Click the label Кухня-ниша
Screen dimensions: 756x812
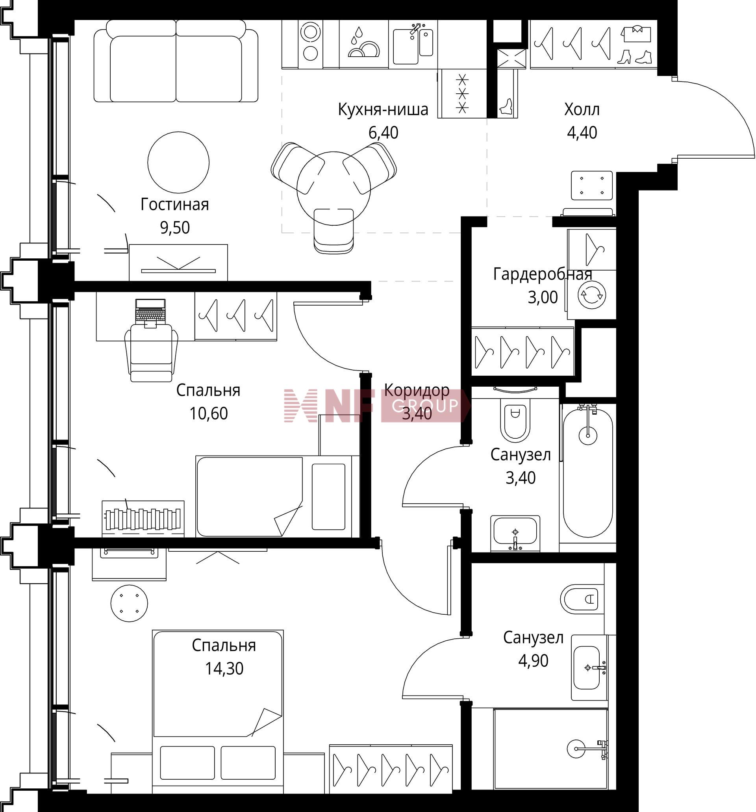point(383,109)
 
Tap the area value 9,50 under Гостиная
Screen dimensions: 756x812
point(175,228)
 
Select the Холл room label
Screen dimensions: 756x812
point(582,109)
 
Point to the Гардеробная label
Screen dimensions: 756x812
point(543,274)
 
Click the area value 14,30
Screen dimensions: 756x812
point(224,668)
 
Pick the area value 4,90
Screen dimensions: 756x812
point(533,660)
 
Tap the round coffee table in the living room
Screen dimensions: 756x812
point(178,162)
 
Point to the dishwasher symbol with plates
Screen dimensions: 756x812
point(363,43)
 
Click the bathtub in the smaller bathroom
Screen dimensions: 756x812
point(588,469)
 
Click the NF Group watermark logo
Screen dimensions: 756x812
point(376,406)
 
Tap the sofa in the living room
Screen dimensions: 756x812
point(176,61)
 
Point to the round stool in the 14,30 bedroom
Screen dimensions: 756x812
point(129,603)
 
